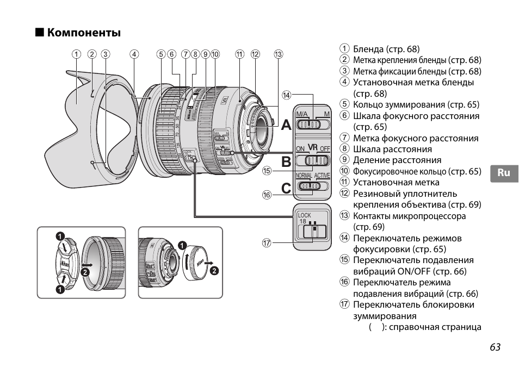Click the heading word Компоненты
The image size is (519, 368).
pos(84,33)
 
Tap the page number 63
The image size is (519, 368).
pos(494,348)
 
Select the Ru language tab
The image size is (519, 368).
pos(504,173)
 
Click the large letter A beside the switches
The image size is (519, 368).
pos(287,125)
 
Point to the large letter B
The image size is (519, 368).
pos(287,161)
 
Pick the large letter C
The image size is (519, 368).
pos(287,188)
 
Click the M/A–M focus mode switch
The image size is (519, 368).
pos(313,124)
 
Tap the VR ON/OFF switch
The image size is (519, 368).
pos(313,160)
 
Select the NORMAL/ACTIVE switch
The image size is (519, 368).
pos(313,186)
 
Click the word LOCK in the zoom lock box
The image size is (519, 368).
pos(305,216)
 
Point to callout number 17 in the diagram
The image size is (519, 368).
pos(267,243)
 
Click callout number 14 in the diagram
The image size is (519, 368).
pos(286,95)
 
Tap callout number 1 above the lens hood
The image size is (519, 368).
pos(77,54)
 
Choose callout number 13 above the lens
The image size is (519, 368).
pos(279,54)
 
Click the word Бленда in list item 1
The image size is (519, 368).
pos(369,49)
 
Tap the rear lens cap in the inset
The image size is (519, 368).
pos(197,263)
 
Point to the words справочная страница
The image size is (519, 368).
pos(435,327)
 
